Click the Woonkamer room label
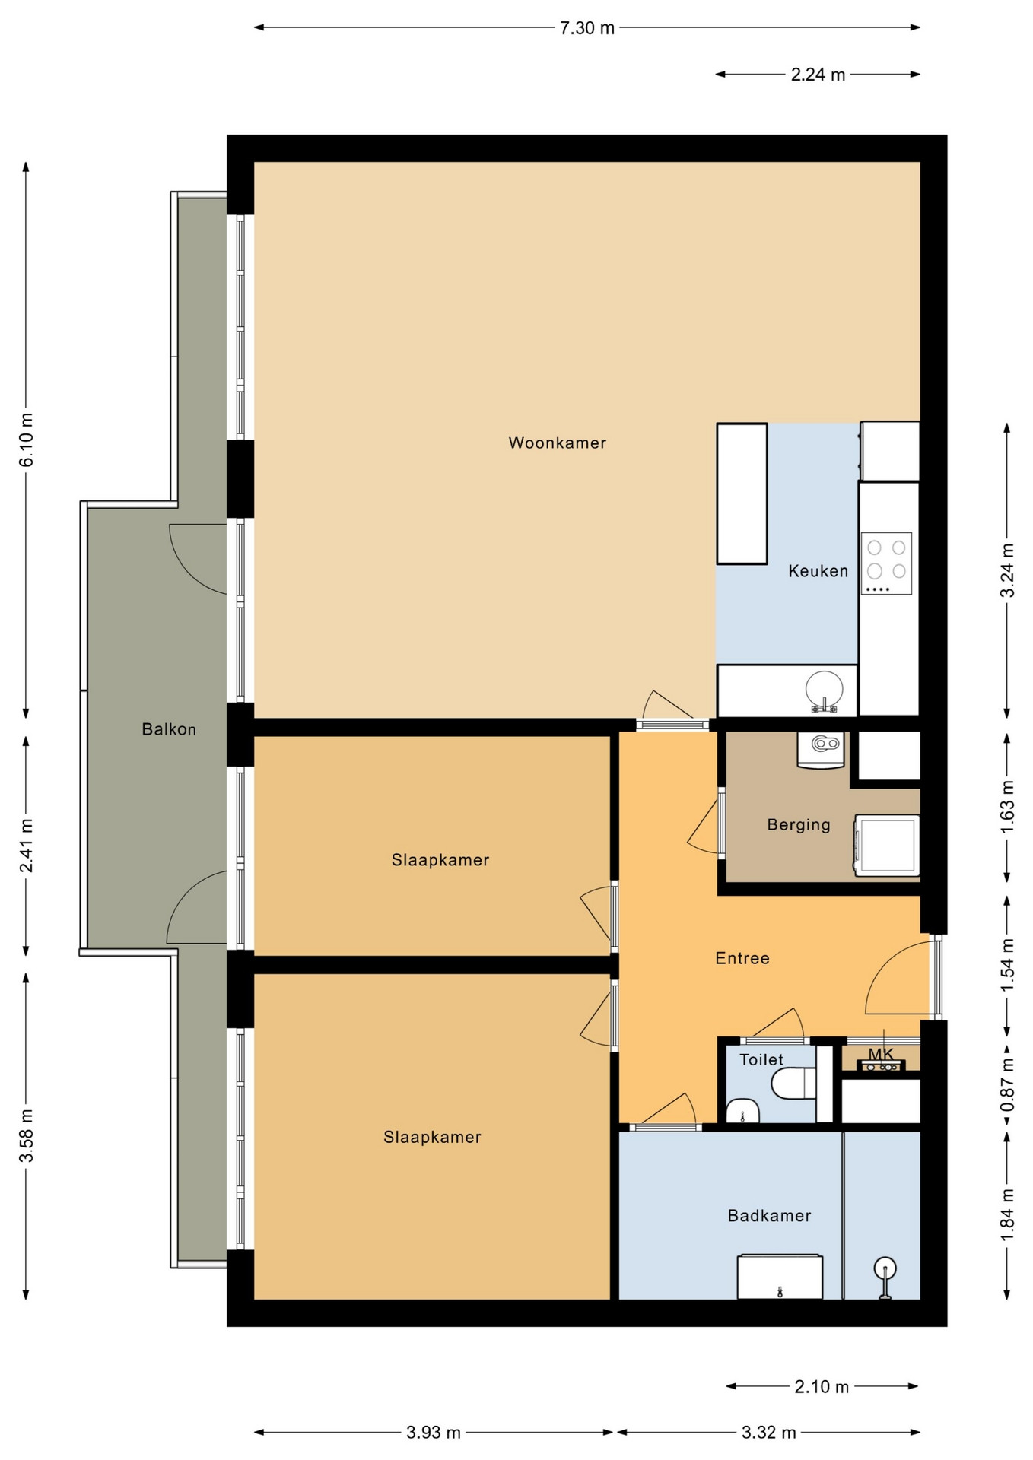point(557,443)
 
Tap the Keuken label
point(818,570)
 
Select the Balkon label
point(169,729)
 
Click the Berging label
point(799,824)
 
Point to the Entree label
point(742,958)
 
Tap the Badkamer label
point(769,1215)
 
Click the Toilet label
point(761,1059)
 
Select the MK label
point(881,1054)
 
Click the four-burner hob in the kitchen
point(886,563)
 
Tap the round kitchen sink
point(824,690)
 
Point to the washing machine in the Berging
point(887,846)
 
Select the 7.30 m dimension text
point(587,28)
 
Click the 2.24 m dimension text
point(818,75)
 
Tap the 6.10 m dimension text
point(27,440)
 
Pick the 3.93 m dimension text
point(434,1433)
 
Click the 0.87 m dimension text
point(1007,1084)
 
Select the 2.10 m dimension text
point(822,1386)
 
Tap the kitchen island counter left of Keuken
point(742,494)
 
